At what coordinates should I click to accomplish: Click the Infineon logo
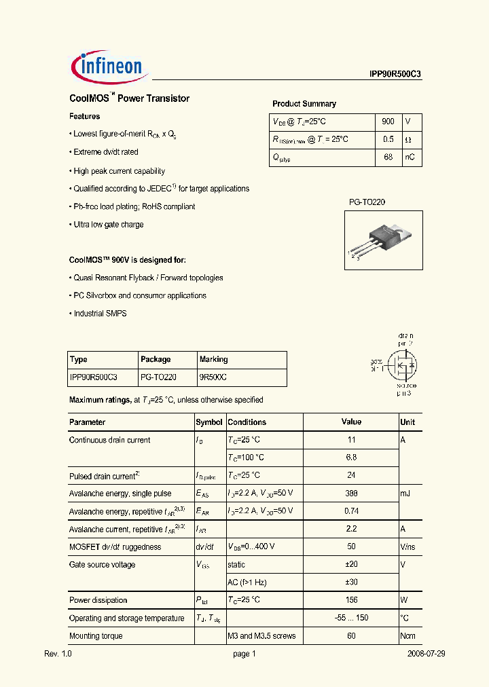[108, 66]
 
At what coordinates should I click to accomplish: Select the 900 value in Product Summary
[388, 122]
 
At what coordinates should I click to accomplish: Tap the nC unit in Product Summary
[410, 157]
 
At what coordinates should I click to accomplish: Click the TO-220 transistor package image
[384, 239]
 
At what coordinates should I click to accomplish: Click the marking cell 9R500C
[213, 377]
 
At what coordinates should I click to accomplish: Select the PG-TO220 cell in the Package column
[158, 377]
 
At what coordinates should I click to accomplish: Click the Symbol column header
[209, 422]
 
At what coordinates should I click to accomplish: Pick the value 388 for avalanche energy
[351, 494]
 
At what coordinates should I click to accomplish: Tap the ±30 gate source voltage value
[351, 582]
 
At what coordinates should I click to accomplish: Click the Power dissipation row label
[98, 600]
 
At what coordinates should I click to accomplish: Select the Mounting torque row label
[96, 636]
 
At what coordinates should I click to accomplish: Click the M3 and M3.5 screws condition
[261, 636]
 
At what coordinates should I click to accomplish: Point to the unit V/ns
[409, 547]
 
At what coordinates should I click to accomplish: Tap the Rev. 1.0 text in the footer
[58, 654]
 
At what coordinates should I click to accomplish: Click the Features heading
[85, 117]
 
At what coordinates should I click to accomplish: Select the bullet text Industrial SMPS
[100, 314]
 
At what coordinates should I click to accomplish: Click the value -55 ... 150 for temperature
[351, 618]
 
